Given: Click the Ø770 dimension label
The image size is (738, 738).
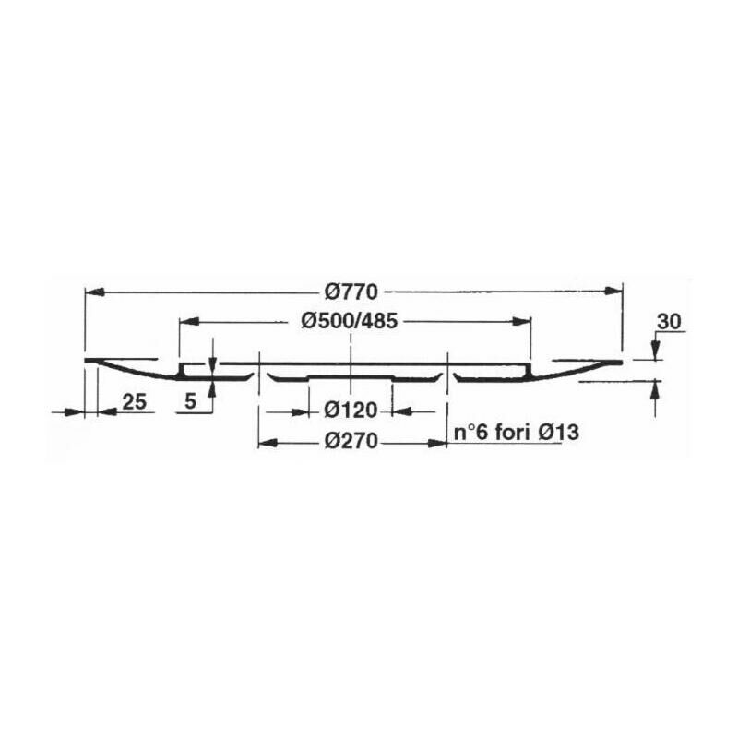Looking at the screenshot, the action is (351, 292).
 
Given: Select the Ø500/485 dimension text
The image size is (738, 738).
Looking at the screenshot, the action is (350, 321).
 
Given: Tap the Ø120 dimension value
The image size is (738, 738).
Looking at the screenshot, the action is (351, 411).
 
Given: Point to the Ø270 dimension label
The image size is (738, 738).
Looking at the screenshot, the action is (351, 441).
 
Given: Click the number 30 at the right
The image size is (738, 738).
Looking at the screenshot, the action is (669, 322).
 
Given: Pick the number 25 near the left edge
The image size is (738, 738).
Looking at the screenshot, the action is (135, 402).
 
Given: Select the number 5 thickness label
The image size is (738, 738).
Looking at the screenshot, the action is (191, 401).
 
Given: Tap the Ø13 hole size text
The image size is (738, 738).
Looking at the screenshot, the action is (558, 433).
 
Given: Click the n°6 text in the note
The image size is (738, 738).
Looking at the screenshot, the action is (470, 433).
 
